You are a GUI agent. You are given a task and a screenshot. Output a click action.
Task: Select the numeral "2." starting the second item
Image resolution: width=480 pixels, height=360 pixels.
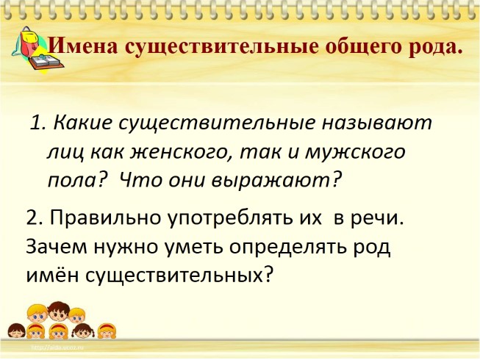click(x=33, y=218)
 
